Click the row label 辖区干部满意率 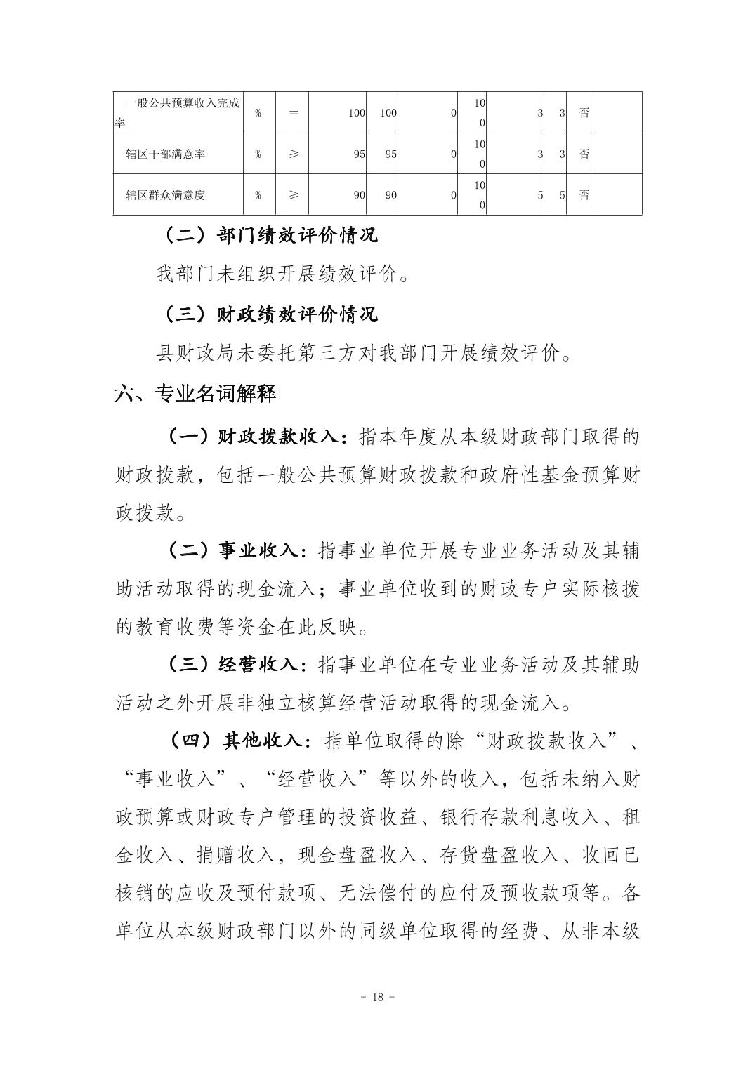165,154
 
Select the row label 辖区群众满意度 165,194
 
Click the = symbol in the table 294,112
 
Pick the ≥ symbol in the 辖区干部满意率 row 294,154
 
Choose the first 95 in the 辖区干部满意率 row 359,154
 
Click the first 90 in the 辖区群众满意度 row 359,194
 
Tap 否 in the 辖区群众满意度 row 584,194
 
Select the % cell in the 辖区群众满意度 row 258,194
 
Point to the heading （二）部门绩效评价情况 270,234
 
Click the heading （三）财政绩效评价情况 270,313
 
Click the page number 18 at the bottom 377,997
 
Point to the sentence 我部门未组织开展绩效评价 281,274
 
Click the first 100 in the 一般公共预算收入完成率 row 357,112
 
